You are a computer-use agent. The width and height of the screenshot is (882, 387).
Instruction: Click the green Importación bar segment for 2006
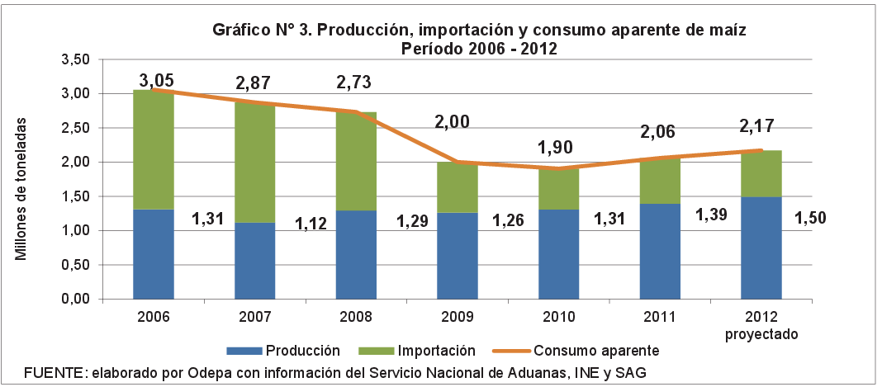coord(154,149)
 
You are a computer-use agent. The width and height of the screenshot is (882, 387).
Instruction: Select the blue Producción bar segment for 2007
coord(255,260)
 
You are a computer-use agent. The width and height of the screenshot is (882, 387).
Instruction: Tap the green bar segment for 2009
coord(458,187)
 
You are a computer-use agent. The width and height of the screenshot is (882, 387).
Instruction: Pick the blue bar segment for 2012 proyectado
coord(761,248)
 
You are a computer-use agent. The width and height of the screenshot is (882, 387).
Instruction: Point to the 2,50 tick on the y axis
coord(74,128)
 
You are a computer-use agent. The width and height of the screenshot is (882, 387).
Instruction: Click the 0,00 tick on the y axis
coord(74,300)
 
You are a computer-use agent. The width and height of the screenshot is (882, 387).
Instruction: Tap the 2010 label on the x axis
coord(558,317)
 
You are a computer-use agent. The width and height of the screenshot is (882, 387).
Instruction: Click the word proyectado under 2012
coord(761,333)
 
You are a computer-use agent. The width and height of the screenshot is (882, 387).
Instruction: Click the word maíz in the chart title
coord(728,30)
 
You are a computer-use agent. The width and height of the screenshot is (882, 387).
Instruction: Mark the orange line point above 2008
coord(356,111)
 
